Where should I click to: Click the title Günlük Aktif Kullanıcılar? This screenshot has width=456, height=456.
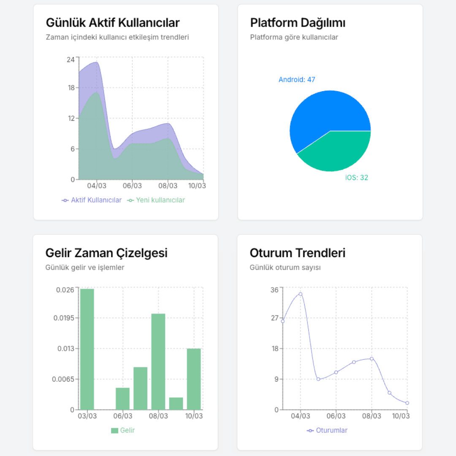pos(113,23)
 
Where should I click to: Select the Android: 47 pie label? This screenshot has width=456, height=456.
pos(297,79)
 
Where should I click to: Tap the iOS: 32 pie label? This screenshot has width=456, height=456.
pos(356,177)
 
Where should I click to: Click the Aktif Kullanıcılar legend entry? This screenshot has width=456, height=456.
pos(92,200)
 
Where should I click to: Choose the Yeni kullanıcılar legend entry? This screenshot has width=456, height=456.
pos(156,200)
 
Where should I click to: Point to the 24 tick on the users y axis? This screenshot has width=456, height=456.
pos(71,60)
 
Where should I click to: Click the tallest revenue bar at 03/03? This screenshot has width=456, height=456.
pos(87,349)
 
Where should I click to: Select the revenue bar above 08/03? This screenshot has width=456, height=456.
pos(158,361)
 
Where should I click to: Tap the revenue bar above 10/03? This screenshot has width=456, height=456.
pos(194,379)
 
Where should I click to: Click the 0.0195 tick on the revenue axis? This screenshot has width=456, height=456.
pos(64,318)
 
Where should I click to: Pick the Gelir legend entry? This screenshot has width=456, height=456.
pos(123,430)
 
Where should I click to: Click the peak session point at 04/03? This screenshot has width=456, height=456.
pos(301,294)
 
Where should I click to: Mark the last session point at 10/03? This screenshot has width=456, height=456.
pos(407,403)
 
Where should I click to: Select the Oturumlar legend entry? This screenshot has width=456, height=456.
pos(327,430)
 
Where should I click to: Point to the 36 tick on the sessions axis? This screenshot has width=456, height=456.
pos(274,290)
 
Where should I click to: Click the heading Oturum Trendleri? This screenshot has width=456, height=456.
pos(298,253)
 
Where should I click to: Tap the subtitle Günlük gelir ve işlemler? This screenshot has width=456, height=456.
pos(84,268)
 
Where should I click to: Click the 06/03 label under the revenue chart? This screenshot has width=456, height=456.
pos(123,416)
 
